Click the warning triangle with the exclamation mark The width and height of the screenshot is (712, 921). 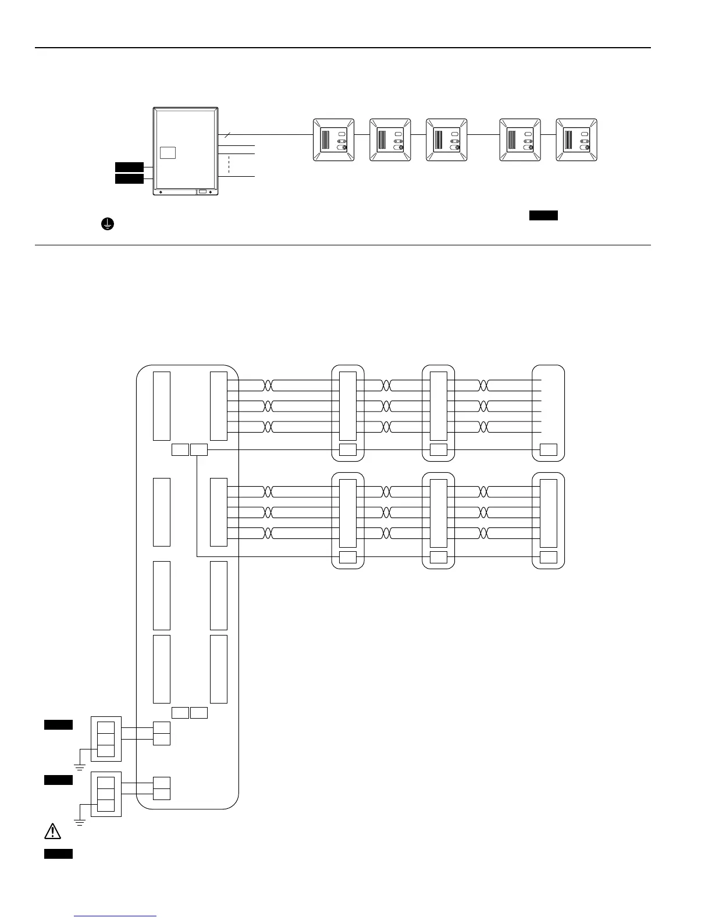point(52,831)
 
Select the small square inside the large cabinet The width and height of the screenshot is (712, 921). point(168,152)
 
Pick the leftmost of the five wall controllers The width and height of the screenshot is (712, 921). point(333,140)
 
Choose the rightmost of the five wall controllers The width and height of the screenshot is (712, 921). point(576,140)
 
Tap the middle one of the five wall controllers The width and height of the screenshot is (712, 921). point(446,140)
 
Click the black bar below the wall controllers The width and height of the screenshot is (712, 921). point(543,216)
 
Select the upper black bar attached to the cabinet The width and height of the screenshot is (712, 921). point(129,167)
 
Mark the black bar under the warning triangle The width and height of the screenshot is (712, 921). point(58,854)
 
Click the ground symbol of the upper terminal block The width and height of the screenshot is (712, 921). point(80,768)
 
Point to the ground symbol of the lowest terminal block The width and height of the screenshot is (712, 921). point(80,822)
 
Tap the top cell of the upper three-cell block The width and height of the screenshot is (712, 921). point(106,727)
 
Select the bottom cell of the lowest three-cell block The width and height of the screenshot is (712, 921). point(106,805)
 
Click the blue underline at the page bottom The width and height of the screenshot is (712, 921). point(115,916)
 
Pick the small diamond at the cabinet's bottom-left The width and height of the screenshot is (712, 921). point(161,192)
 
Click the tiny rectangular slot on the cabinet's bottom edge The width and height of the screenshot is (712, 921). point(202,191)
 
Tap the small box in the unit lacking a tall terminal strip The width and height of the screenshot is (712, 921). point(548,449)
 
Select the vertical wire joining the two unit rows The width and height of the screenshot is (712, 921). point(198,503)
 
